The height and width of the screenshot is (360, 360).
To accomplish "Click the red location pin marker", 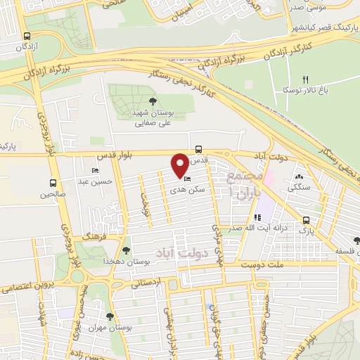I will (180, 165).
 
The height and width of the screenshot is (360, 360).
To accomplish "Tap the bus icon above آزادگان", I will (27, 37).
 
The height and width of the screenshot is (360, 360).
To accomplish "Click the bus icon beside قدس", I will (199, 149).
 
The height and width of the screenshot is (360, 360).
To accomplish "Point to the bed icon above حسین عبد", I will (96, 172).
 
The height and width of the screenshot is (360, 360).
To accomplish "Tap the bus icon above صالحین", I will (52, 181).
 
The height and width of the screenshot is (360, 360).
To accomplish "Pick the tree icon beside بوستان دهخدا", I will (127, 250).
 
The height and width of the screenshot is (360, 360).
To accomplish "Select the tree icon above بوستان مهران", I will (109, 317).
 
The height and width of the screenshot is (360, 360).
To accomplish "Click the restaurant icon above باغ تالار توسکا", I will (304, 79).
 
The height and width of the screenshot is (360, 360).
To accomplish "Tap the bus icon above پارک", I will (305, 219).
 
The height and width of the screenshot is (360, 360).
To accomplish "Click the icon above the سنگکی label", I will (299, 178).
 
